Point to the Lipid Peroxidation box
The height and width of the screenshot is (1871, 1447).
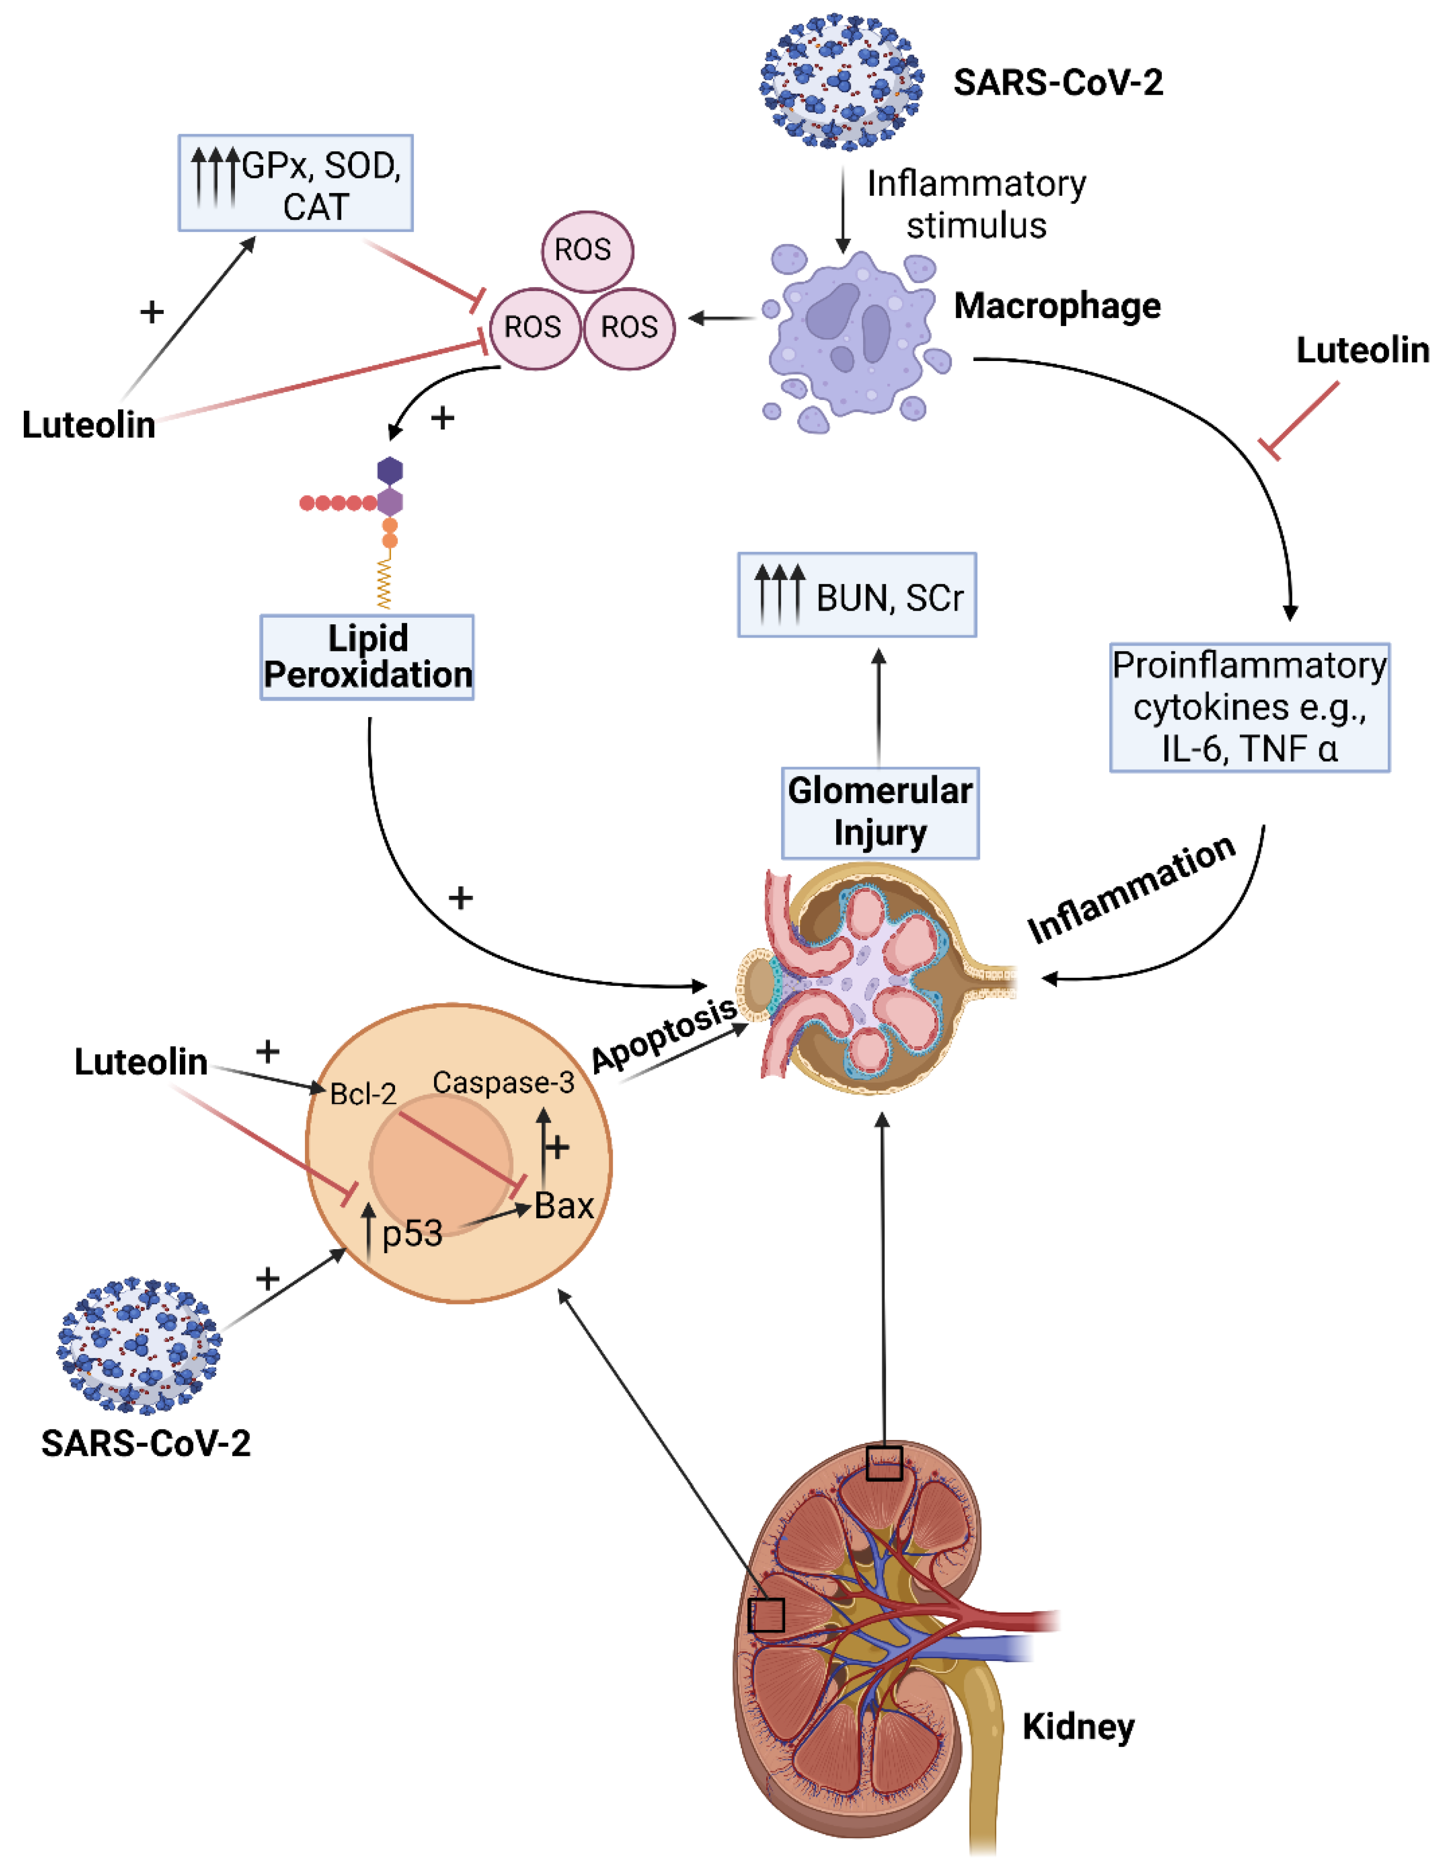367,657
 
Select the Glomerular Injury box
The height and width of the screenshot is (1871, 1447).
880,812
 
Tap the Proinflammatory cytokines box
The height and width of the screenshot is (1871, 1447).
1248,707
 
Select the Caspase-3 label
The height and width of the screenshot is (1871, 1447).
503,1083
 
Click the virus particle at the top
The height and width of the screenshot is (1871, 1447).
841,82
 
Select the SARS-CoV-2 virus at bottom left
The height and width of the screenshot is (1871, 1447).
139,1345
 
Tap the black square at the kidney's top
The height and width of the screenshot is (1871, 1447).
883,1463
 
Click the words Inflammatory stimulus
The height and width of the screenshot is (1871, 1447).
976,204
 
